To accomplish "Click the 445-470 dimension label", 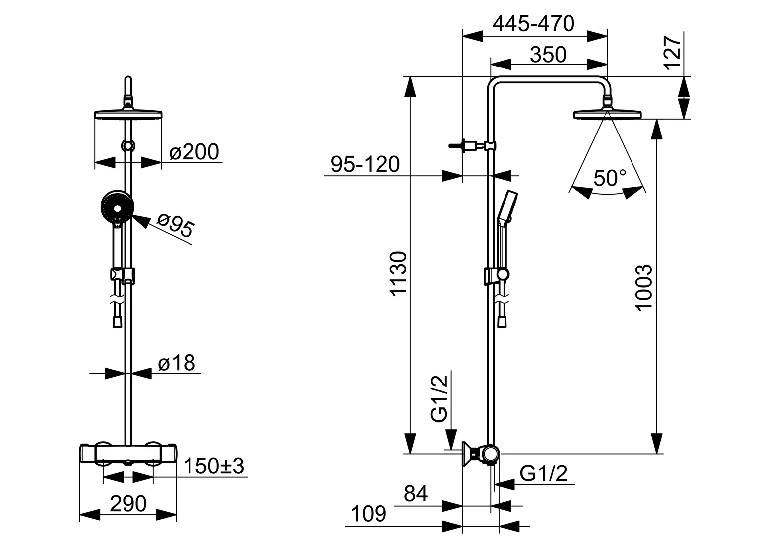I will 534,23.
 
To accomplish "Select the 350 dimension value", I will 548,55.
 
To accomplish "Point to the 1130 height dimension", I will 398,273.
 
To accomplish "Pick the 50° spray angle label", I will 610,177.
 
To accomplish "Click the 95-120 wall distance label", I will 365,164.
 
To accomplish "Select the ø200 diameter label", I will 193,152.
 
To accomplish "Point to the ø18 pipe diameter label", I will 177,363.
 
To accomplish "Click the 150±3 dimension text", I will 214,467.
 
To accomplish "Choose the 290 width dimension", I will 128,504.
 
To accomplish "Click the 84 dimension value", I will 416,494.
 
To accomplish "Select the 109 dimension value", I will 368,514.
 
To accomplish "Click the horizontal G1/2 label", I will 543,473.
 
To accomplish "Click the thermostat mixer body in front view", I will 128,453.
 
